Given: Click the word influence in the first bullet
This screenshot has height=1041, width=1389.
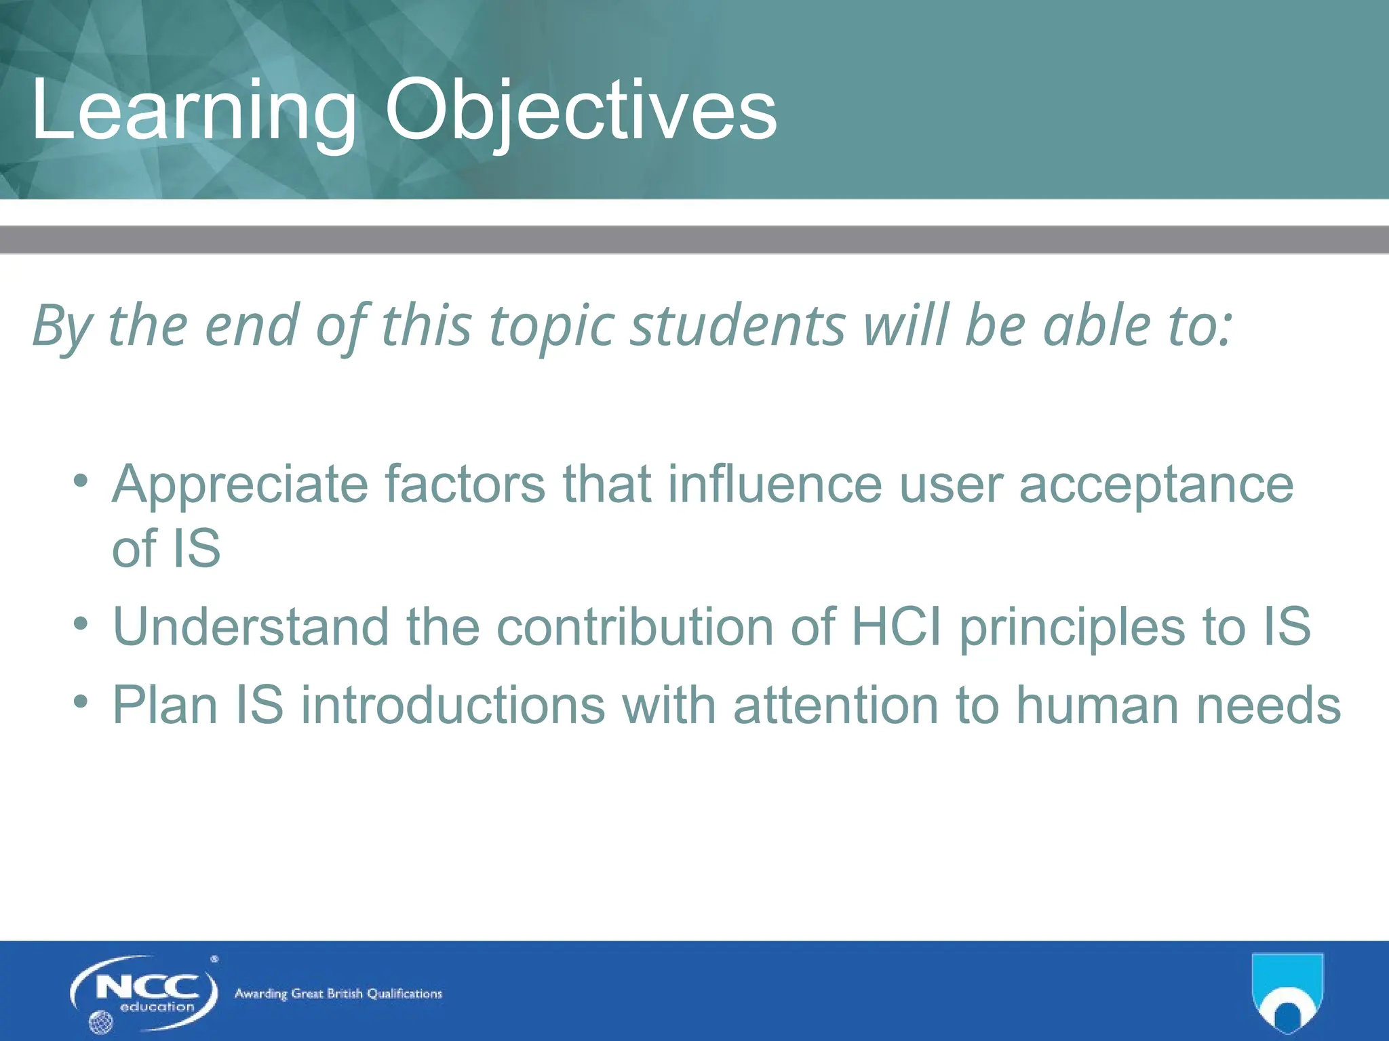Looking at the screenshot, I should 775,484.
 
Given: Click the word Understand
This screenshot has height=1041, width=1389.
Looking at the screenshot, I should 251,626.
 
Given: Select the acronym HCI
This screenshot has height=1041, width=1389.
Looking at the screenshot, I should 896,626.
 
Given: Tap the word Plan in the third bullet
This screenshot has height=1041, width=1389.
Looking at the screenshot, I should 165,706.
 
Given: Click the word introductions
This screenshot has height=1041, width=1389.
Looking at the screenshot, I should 452,706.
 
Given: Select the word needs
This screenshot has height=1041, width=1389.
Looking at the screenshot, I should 1268,706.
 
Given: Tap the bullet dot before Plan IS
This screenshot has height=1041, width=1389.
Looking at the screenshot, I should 81,701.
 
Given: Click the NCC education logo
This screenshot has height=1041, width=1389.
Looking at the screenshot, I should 144,994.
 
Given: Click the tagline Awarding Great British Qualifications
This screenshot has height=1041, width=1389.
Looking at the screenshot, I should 338,994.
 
